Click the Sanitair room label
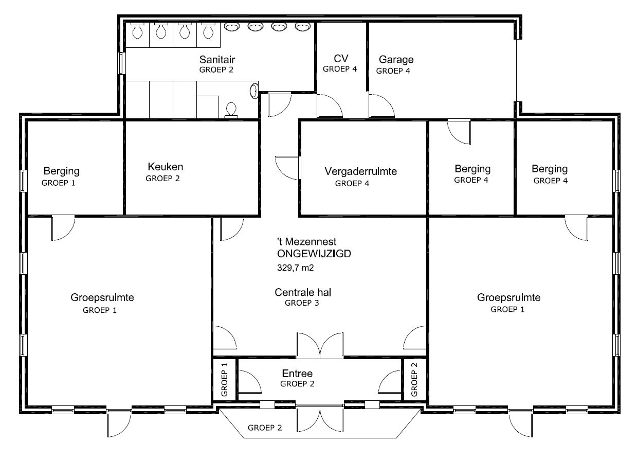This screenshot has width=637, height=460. tap(217, 60)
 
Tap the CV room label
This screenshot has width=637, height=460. tap(341, 59)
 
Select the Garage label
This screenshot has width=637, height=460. tap(396, 60)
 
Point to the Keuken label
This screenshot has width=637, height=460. tap(165, 167)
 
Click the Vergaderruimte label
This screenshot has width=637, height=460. tap(360, 171)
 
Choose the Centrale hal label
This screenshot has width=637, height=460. tap(303, 292)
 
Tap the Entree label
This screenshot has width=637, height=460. tap(297, 373)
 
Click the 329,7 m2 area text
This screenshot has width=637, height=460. tap(295, 268)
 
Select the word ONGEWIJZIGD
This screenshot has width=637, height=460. tap(314, 254)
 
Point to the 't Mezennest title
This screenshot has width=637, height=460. tap(306, 242)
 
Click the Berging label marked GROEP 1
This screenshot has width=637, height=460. tap(61, 171)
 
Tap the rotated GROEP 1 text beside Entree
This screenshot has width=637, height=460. tap(224, 379)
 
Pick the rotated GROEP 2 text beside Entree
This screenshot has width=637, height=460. tap(414, 379)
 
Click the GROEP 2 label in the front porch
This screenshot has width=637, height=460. tap(265, 428)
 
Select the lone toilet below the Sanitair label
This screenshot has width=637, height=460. tap(231, 110)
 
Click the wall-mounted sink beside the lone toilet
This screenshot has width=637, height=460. tap(254, 91)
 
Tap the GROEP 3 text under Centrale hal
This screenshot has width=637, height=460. tap(302, 303)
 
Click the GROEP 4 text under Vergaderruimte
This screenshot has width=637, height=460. tap(352, 183)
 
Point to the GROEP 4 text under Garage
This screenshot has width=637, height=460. tap(393, 71)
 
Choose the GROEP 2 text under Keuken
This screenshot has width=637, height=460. tap(162, 179)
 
